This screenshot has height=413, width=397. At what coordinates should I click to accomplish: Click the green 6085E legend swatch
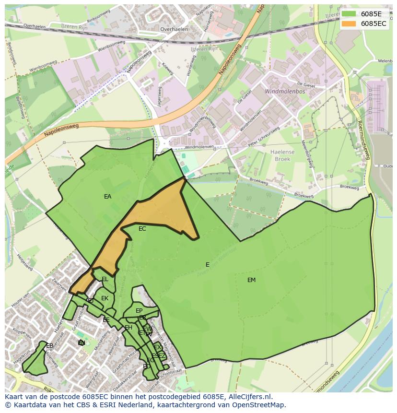pos(349,14)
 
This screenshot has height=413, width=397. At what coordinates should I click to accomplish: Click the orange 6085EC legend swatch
pos(349,24)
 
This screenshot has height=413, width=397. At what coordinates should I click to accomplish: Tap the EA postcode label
pos(107,197)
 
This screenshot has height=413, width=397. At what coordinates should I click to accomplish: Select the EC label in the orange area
pos(142,229)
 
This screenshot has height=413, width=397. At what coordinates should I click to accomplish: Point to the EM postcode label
pos(251,280)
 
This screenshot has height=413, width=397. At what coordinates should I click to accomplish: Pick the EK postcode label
pos(105,298)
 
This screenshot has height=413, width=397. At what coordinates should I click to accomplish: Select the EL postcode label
pos(105,279)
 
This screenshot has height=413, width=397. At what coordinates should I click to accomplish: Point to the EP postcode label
pos(139,311)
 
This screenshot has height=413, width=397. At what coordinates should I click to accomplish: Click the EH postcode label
pos(128,328)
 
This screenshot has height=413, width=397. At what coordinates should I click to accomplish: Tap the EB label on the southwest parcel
pos(50,346)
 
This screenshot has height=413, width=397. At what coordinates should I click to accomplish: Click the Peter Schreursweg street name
pos(263,136)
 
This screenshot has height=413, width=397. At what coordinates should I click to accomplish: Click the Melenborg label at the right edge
pos(385,61)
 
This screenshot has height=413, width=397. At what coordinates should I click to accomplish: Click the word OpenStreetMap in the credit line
pos(261,405)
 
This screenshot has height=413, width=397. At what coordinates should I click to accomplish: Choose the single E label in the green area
pos(207,265)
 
